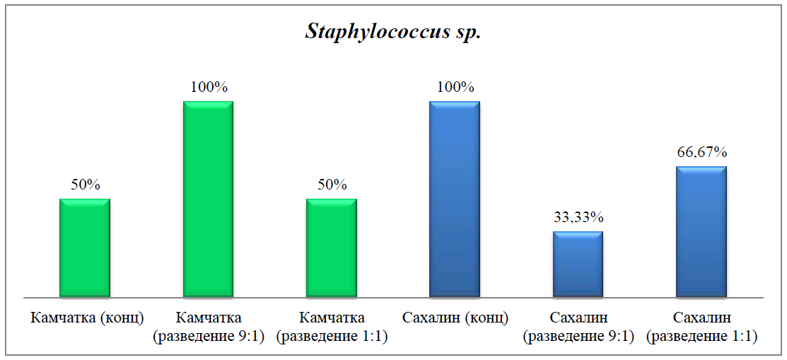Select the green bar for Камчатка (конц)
(85, 248)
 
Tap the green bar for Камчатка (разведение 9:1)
(208, 199)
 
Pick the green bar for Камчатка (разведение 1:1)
(332, 248)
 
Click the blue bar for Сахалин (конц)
(455, 199)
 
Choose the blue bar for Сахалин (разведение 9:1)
(578, 264)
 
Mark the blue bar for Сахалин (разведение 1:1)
(701, 231)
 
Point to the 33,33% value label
(578, 217)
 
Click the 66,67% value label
(701, 152)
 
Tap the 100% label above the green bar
(209, 87)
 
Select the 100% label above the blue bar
(455, 87)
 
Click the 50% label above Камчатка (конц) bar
(85, 185)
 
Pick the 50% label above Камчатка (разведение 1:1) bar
(332, 185)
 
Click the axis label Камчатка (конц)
(85, 318)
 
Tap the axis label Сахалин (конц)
(455, 318)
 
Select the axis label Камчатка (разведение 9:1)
(209, 327)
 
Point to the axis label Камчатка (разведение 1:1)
(332, 327)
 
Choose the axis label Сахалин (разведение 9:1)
(578, 327)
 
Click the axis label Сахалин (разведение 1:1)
(701, 327)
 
